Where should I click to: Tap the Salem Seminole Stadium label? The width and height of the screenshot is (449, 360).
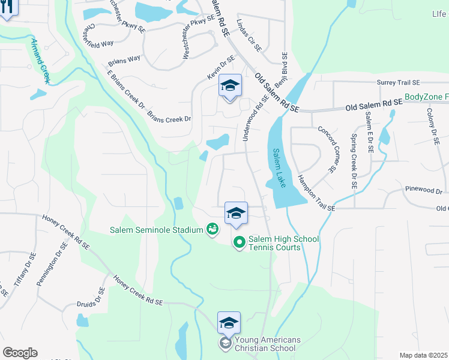pyautogui.click(x=157, y=229)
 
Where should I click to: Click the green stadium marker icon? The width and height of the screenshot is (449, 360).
pyautogui.click(x=212, y=229)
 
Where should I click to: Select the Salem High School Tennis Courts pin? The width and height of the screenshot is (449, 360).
pyautogui.click(x=239, y=242)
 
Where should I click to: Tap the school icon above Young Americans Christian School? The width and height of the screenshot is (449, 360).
pyautogui.click(x=229, y=323)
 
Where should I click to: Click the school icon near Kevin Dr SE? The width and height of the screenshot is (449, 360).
pyautogui.click(x=229, y=86)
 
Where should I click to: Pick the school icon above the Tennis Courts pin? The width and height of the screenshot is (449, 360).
pyautogui.click(x=237, y=213)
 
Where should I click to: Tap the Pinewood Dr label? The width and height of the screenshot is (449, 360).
pyautogui.click(x=423, y=191)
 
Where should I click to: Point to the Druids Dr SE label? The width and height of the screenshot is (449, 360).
pyautogui.click(x=94, y=298)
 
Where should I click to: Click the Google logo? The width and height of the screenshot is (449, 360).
pyautogui.click(x=20, y=353)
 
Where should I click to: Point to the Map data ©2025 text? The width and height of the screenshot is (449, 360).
pyautogui.click(x=423, y=355)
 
